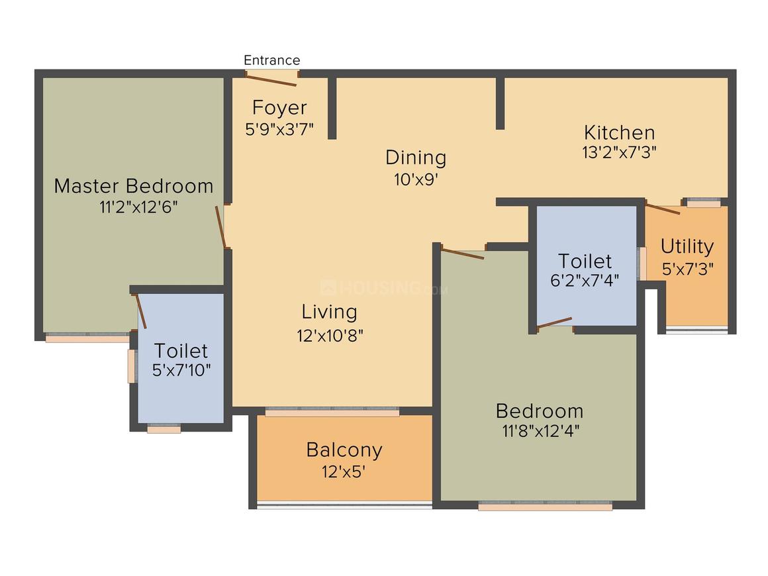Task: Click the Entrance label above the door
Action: tap(271, 60)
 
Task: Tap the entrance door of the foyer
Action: tap(271, 80)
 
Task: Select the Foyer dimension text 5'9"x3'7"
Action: tap(279, 128)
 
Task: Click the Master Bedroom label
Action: tap(134, 186)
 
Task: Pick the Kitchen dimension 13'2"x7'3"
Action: tap(619, 152)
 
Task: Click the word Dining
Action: tap(416, 158)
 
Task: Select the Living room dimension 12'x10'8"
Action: tap(330, 335)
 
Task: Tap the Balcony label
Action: tap(344, 450)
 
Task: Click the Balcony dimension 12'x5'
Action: tap(344, 473)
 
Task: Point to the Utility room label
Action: tap(687, 246)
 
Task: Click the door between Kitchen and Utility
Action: tap(663, 209)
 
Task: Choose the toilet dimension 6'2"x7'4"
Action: tap(585, 280)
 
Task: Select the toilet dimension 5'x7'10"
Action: tap(181, 370)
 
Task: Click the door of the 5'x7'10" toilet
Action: tap(141, 311)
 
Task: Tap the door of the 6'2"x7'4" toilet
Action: tap(554, 322)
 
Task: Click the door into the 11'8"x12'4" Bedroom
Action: tap(462, 253)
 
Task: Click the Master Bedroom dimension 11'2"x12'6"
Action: tap(138, 207)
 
